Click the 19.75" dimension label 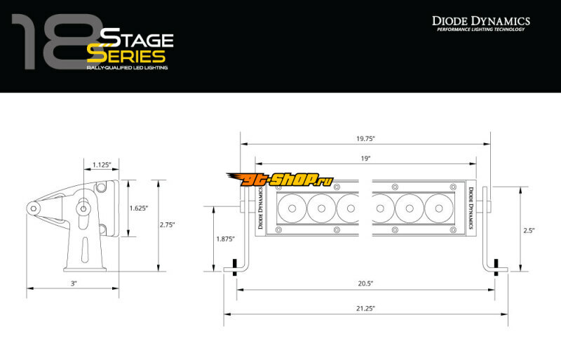(x=365, y=139)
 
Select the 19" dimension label (x=365, y=159)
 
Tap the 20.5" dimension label (x=365, y=284)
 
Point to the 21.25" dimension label (x=365, y=308)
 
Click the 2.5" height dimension (x=529, y=231)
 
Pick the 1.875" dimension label (x=225, y=239)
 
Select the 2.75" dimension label (x=167, y=225)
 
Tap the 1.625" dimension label (x=138, y=208)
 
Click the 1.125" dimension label (x=102, y=165)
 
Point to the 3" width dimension (x=74, y=284)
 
